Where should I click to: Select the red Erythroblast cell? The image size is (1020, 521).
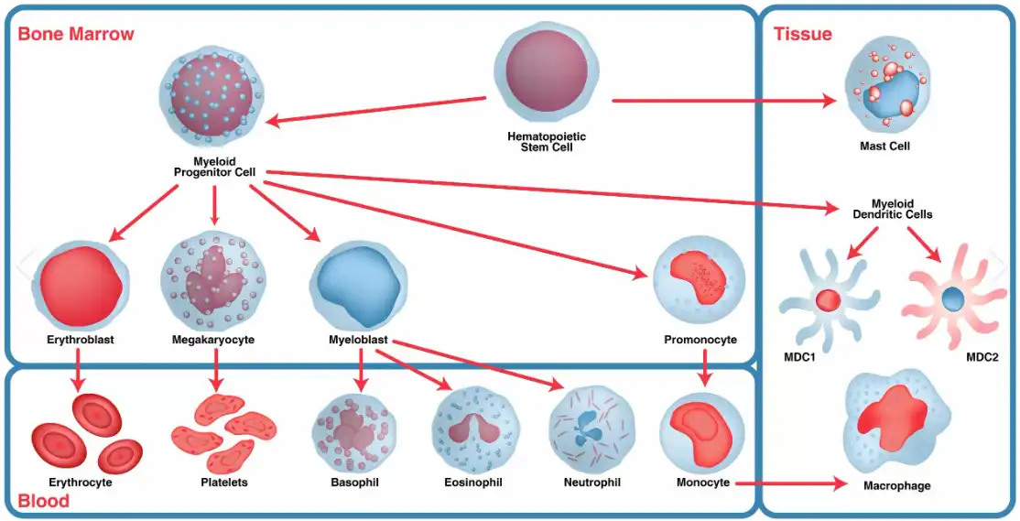click(77, 283)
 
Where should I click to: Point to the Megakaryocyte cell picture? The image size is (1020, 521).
click(212, 283)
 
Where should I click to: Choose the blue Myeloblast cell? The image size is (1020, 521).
click(358, 283)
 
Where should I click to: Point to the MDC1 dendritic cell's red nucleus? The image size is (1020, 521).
click(828, 299)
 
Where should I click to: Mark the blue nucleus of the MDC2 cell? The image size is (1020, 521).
click(952, 298)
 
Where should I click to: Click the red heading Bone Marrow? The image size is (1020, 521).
click(76, 35)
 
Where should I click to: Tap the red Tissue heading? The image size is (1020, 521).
click(803, 35)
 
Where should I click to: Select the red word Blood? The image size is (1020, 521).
click(43, 501)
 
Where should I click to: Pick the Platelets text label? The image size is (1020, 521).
click(225, 482)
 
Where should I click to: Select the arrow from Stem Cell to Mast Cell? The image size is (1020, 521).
click(723, 101)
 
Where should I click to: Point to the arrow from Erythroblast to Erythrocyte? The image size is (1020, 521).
click(77, 370)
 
